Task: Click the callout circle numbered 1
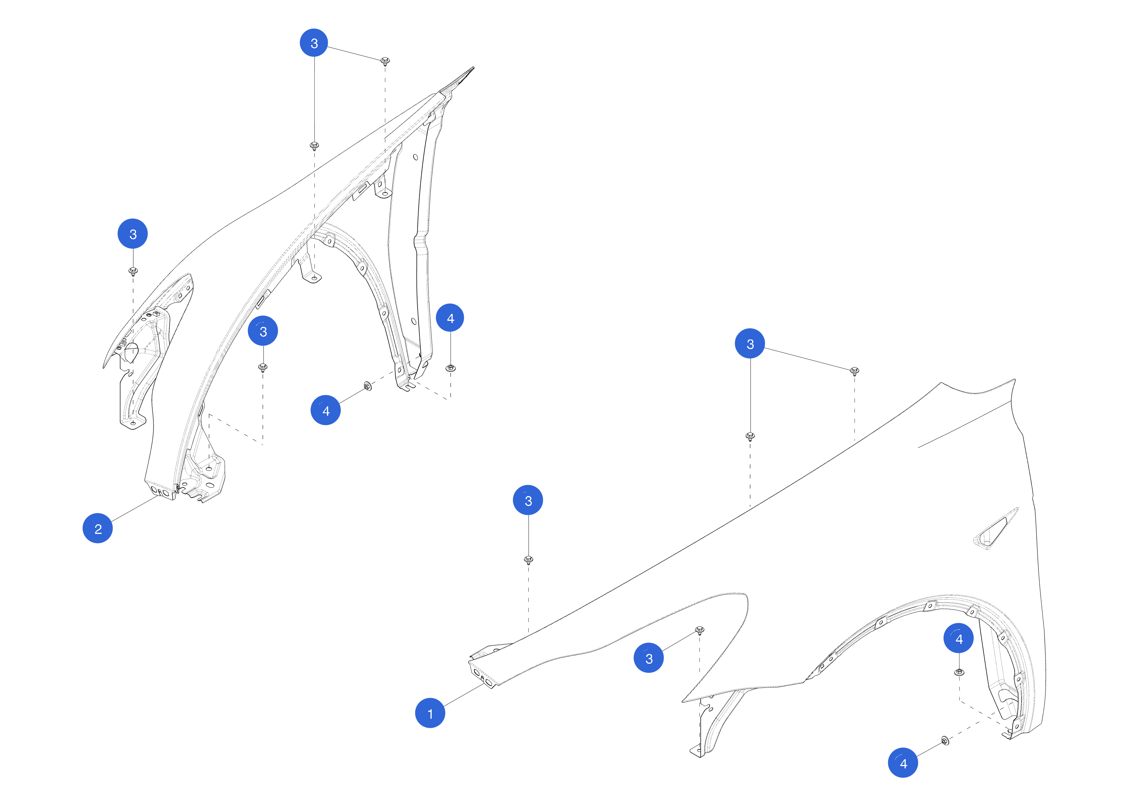tap(430, 713)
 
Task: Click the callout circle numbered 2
tap(97, 528)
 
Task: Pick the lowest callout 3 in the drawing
tap(648, 658)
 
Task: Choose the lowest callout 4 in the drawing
tap(903, 763)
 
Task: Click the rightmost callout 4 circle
tap(958, 638)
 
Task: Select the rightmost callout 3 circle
tap(750, 343)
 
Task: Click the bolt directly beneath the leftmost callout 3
tap(133, 271)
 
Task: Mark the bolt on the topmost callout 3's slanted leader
tap(385, 61)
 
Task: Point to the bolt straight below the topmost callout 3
tap(314, 145)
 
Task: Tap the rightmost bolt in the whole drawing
tap(855, 370)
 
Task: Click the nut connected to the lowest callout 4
tap(945, 740)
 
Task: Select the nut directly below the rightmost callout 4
tap(959, 672)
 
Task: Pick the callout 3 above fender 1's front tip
tap(528, 500)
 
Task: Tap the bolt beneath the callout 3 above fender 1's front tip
tap(529, 559)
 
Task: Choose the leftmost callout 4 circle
tap(325, 410)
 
